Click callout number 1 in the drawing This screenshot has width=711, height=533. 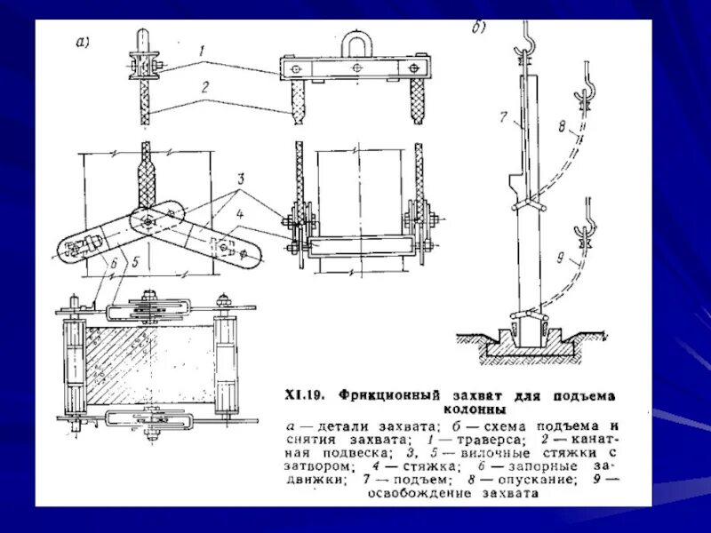coord(204,52)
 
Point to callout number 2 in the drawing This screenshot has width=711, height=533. coord(204,87)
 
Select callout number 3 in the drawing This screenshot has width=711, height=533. coord(241,192)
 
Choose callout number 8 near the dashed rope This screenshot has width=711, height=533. coord(562,127)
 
